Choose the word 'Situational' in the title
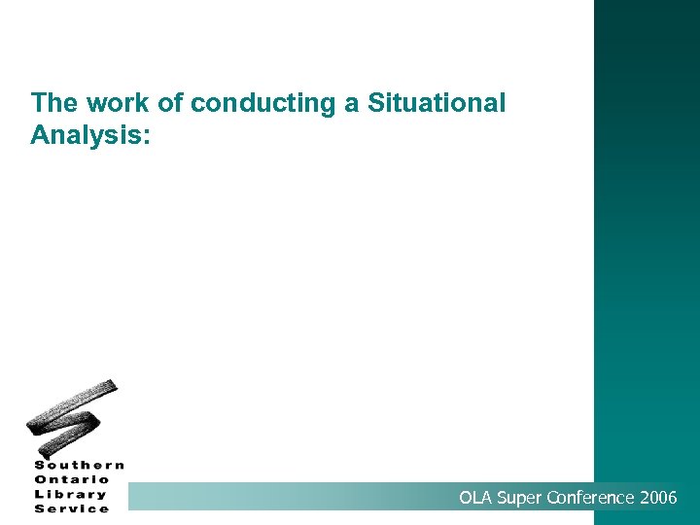click(437, 103)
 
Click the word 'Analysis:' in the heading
click(90, 134)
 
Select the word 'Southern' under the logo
click(80, 465)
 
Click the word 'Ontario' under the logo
click(73, 479)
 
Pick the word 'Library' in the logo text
click(71, 494)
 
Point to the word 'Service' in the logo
click(72, 508)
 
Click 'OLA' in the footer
click(476, 499)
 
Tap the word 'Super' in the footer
click(520, 499)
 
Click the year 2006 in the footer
click(659, 499)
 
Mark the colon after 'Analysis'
click(146, 136)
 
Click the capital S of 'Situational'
click(376, 103)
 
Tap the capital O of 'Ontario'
click(41, 479)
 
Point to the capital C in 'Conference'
click(553, 499)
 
